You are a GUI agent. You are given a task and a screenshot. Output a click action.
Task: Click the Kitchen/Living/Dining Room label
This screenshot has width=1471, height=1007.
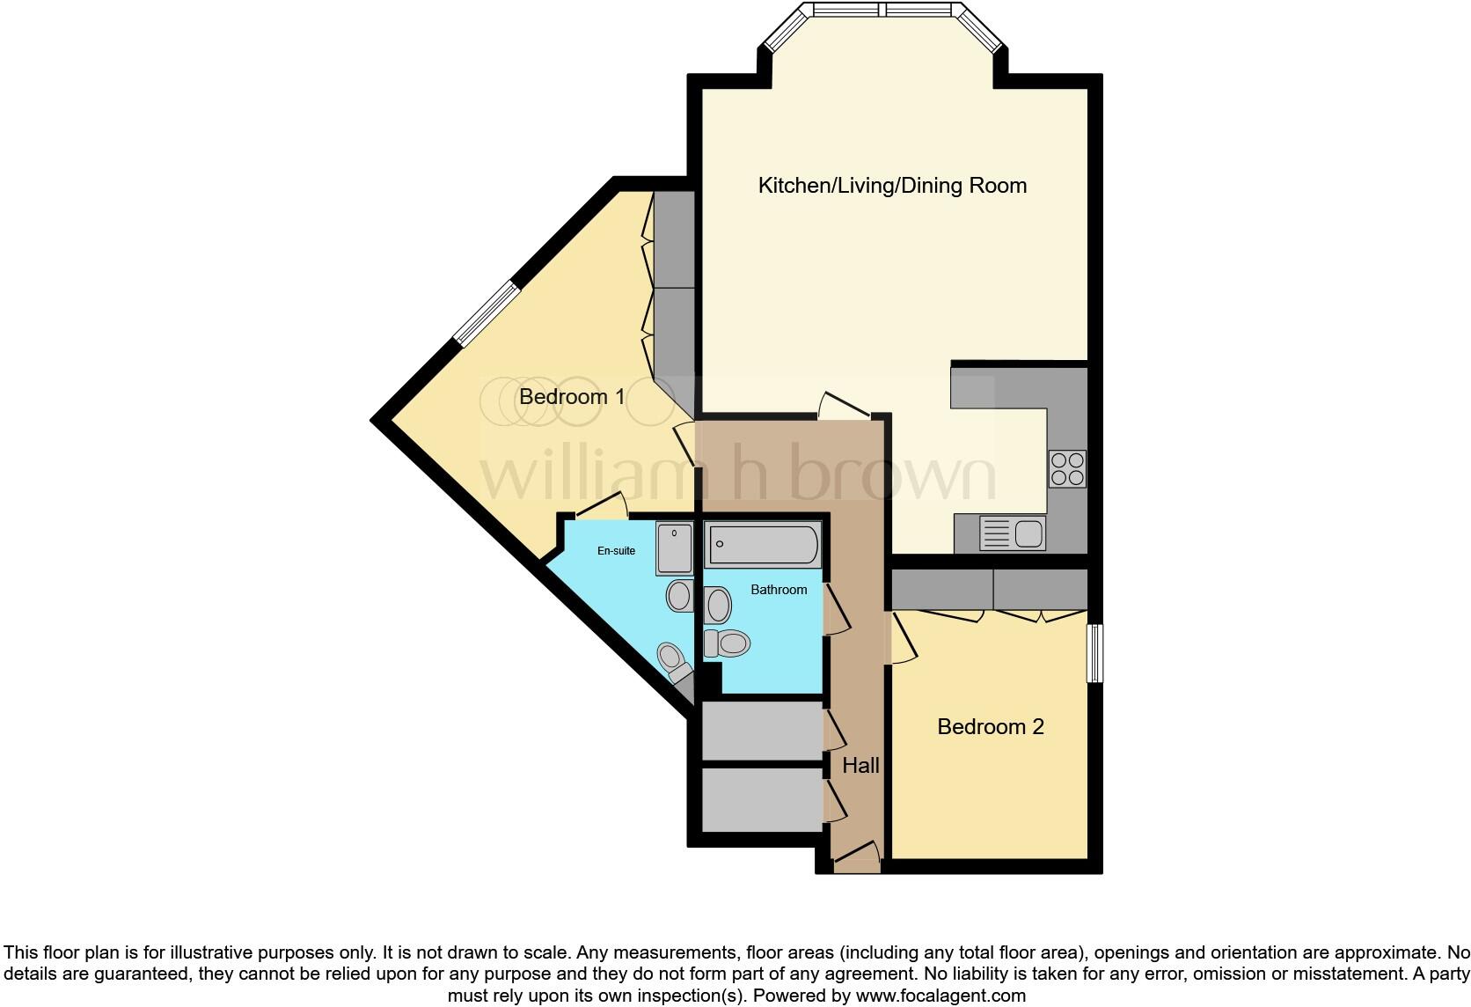tap(892, 186)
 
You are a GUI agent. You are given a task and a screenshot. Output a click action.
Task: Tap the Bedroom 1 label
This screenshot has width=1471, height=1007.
tap(572, 397)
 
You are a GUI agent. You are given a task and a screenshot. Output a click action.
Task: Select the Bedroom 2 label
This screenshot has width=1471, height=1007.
tap(990, 727)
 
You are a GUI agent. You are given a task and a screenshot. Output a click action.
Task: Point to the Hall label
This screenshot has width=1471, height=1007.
tap(860, 766)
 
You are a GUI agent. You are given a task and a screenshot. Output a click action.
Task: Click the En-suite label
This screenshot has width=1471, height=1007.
tap(616, 551)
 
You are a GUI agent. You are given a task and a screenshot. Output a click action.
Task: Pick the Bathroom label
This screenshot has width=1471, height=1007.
tap(779, 590)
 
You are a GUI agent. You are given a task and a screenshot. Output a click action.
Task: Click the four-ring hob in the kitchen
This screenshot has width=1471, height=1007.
tap(1067, 469)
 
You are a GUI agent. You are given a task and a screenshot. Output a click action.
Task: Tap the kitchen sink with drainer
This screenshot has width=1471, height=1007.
tap(1013, 533)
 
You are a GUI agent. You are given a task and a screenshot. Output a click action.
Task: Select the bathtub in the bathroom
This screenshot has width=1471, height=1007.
tap(763, 545)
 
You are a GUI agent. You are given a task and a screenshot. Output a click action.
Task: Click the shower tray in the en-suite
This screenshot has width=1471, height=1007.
tap(674, 549)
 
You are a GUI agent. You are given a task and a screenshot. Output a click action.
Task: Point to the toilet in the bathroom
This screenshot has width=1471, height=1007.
tap(727, 643)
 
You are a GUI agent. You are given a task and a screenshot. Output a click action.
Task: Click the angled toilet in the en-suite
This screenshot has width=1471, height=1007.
tap(674, 662)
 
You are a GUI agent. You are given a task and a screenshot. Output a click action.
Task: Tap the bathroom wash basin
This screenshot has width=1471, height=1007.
tap(718, 606)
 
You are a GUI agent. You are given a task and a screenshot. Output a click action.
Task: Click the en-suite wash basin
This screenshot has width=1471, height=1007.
tap(679, 596)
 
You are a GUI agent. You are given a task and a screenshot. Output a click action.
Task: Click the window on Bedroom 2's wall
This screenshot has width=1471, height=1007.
tap(1094, 653)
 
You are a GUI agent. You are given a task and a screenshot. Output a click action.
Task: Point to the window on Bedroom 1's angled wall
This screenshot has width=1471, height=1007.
tap(487, 312)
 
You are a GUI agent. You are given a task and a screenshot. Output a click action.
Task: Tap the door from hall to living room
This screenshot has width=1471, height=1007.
tap(843, 407)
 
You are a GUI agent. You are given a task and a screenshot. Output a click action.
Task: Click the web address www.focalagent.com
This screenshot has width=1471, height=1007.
tap(940, 996)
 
